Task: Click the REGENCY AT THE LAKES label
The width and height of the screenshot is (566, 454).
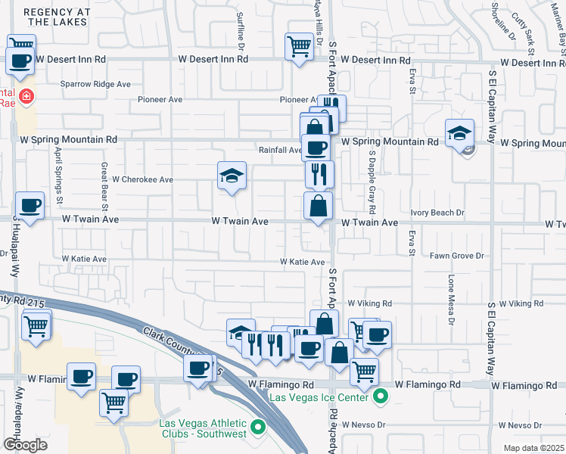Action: click(56, 17)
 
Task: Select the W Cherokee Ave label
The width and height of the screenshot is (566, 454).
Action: click(142, 180)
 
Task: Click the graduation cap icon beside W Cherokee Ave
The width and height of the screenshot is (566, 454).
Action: click(232, 177)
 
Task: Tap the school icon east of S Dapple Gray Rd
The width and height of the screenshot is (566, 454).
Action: click(459, 135)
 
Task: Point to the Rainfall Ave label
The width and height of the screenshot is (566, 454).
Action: click(280, 150)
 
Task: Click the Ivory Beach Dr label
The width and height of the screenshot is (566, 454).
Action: click(437, 213)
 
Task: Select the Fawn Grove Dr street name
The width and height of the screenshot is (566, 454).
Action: click(456, 257)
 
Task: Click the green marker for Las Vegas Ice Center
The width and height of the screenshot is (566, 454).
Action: click(383, 396)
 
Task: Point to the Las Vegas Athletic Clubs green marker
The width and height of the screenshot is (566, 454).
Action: click(258, 428)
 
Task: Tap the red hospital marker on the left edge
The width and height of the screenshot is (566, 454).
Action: click(26, 97)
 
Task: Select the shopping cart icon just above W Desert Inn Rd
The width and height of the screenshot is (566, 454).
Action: click(299, 46)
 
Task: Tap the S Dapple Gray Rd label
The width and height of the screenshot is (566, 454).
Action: click(372, 181)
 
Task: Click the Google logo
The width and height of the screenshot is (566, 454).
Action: click(25, 445)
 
